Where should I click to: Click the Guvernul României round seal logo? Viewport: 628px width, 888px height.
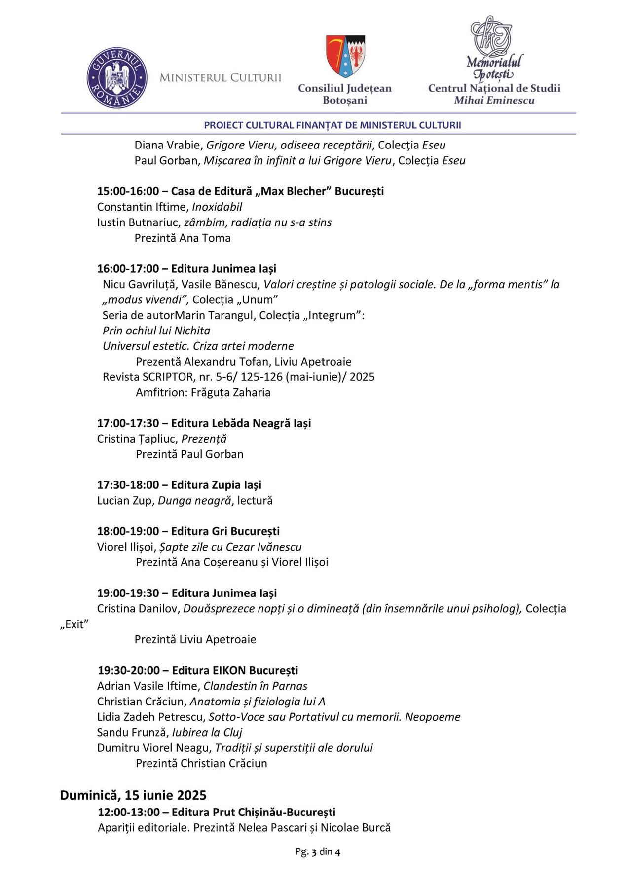(x=117, y=78)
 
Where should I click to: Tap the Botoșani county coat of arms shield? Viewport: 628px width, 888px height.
(x=345, y=56)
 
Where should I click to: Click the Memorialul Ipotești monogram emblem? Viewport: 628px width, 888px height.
(x=491, y=37)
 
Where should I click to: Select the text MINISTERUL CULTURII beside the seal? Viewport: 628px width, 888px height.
(x=220, y=78)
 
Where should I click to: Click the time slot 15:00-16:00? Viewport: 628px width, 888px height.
(x=128, y=191)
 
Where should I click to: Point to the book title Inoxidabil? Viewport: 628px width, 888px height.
(x=217, y=207)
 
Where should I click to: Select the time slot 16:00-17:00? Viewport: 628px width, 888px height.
(x=128, y=269)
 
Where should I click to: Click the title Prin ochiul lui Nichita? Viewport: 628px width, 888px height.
(x=156, y=331)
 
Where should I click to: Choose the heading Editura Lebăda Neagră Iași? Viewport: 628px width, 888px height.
(x=241, y=423)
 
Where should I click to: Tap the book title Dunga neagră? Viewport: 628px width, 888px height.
(x=194, y=500)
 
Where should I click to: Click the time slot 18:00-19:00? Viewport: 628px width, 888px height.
(x=128, y=531)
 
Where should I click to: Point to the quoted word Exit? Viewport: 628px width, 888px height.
(x=74, y=624)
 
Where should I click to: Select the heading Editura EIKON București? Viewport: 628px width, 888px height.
(x=235, y=670)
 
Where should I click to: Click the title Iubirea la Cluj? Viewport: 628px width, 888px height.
(x=207, y=732)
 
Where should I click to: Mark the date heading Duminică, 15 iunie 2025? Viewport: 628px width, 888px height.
(x=133, y=795)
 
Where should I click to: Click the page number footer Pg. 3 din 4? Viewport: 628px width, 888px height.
(x=318, y=851)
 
